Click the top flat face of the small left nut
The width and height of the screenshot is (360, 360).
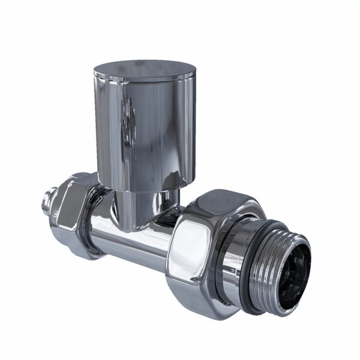coord(75,181)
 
